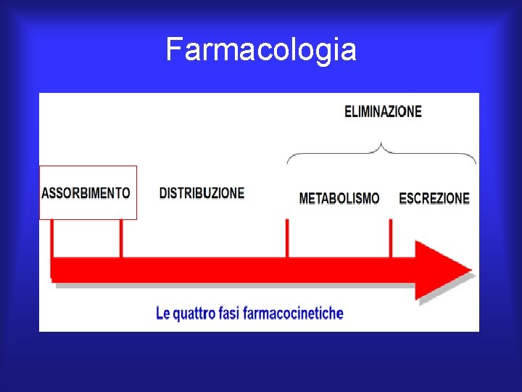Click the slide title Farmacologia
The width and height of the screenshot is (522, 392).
(x=261, y=50)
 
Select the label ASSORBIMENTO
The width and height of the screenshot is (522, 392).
(x=86, y=193)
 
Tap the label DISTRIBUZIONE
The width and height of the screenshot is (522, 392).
(x=202, y=193)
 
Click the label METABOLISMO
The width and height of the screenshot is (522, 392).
(x=339, y=198)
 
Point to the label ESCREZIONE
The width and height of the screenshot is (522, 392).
(x=434, y=198)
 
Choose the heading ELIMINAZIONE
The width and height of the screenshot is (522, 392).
(x=383, y=112)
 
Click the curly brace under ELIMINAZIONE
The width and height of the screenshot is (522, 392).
(x=382, y=151)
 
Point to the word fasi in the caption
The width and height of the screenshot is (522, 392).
(x=231, y=314)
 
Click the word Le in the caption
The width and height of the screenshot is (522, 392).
(x=163, y=314)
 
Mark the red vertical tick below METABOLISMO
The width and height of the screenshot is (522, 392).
(x=287, y=237)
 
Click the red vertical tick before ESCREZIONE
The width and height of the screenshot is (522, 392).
(x=391, y=237)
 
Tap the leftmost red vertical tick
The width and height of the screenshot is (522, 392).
(x=52, y=237)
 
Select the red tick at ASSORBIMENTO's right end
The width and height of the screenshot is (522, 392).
(x=121, y=237)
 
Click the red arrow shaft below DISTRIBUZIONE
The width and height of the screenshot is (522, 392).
(x=203, y=269)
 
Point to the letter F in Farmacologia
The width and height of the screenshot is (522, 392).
(x=173, y=50)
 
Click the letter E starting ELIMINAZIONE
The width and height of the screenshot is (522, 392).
(x=348, y=112)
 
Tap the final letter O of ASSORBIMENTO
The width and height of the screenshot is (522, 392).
(x=126, y=193)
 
